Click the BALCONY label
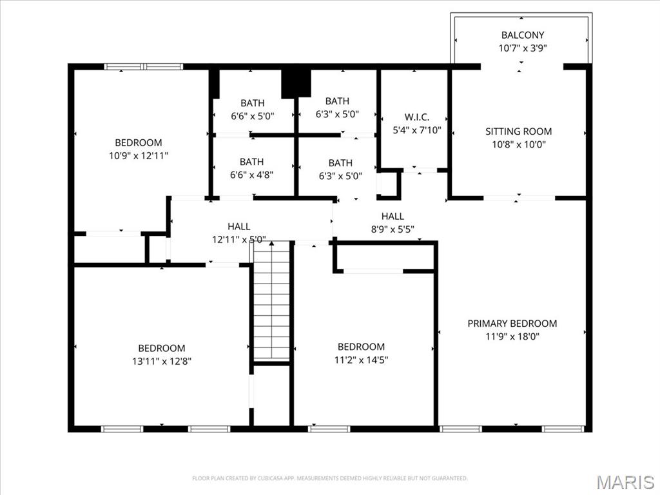coord(522,35)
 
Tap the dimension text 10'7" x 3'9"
coord(522,48)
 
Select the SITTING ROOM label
coord(518,131)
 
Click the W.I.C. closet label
coord(416,117)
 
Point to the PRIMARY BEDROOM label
coord(512,324)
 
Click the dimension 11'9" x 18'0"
coord(512,336)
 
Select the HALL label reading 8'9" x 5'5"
coord(393,217)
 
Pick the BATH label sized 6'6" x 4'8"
coord(251,162)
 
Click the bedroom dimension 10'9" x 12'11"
coord(139,155)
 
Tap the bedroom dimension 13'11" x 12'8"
coord(161,361)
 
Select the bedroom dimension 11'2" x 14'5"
coord(361,360)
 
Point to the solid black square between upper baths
coord(296,82)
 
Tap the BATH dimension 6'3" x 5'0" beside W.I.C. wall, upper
coord(337,114)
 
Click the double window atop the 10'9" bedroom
coord(144,66)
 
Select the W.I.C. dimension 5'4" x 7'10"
coord(416,130)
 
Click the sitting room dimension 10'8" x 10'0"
coord(518,144)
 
